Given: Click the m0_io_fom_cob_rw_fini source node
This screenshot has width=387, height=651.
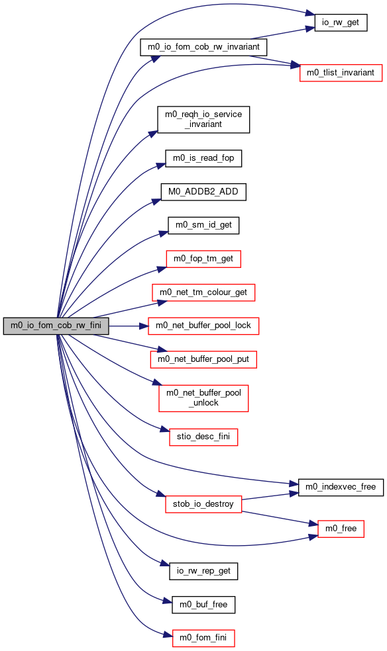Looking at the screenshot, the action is pos(56,326).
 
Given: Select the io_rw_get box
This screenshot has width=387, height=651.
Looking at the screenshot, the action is pos(341,22).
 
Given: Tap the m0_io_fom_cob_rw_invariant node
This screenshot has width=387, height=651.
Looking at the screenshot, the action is pos(203,47).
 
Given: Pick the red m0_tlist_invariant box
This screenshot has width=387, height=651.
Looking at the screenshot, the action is pos(341,73).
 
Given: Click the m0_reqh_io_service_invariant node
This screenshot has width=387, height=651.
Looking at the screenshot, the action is pos(203,120).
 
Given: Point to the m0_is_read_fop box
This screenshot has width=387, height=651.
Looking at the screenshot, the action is pos(203,159).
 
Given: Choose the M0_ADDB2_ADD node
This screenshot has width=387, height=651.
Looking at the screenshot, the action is pos(203,192).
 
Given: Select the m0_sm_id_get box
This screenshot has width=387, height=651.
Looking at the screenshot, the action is pos(203,226).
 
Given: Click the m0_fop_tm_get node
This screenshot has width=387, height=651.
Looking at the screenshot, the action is pos(203,259).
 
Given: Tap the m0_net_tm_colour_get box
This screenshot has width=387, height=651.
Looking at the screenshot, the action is pos(203,292).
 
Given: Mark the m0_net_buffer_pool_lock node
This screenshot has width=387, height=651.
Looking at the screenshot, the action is pos(203,326).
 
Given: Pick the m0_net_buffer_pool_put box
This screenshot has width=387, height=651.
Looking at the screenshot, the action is pos(203,359).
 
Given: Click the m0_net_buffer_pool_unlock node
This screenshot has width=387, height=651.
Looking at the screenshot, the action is pos(203,398).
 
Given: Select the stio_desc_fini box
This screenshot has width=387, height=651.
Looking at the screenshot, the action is pos(203,437).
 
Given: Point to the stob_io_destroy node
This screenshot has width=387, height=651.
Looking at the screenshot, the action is pos(203,504).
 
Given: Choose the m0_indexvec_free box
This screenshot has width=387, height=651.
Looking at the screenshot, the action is pos(341,487).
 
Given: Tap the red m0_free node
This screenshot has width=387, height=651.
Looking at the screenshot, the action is pos(341,529).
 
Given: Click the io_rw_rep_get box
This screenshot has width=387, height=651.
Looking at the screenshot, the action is pos(203,572).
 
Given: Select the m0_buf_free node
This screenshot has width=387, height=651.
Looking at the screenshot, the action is pos(203,605).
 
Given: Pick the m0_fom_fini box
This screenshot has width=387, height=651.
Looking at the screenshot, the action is pos(203,638).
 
